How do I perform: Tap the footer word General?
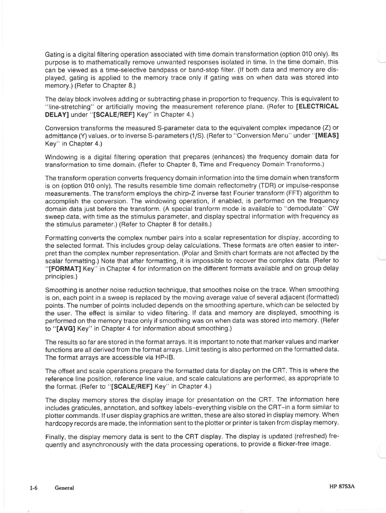click(64, 488)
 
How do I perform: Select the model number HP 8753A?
click(342, 486)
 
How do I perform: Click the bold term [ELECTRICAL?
click(317, 106)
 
